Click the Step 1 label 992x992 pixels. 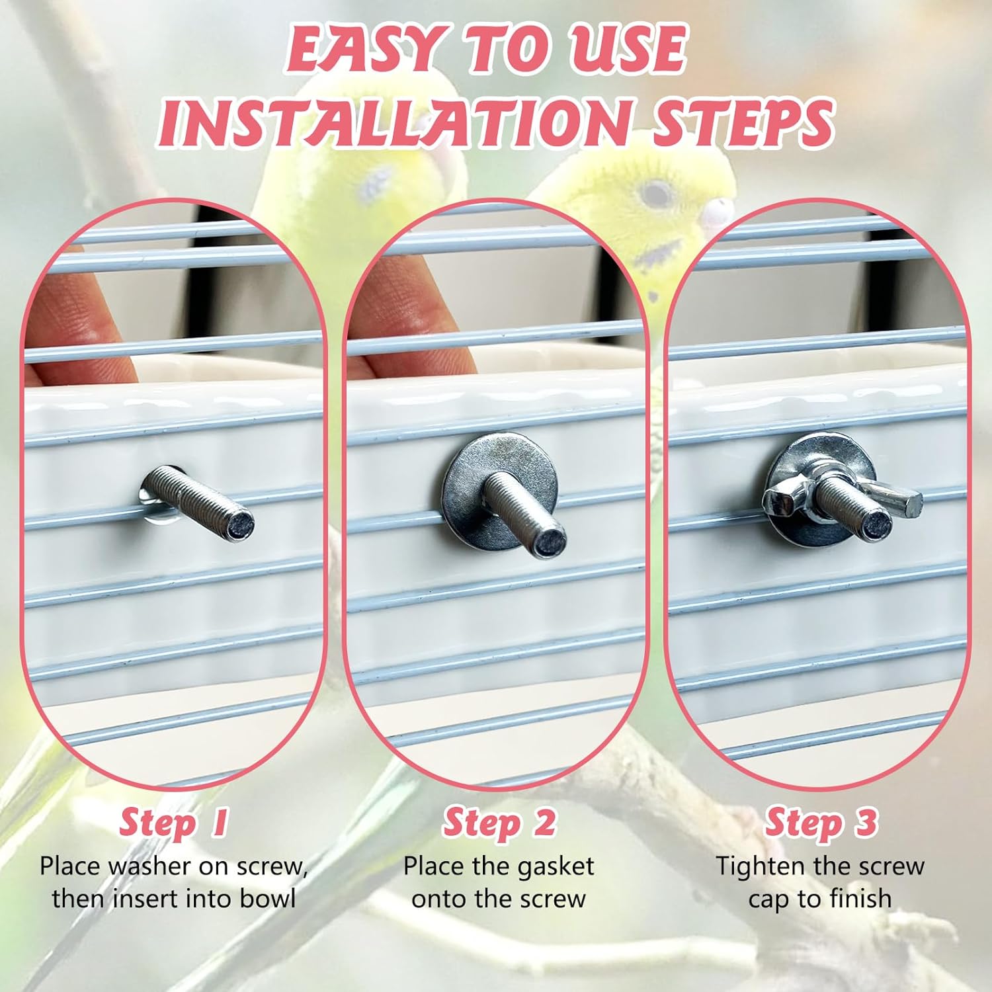coord(173,823)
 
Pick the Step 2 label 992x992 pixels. coord(499,823)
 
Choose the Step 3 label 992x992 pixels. coord(821,823)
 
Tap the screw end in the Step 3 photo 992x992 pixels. coord(877,526)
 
